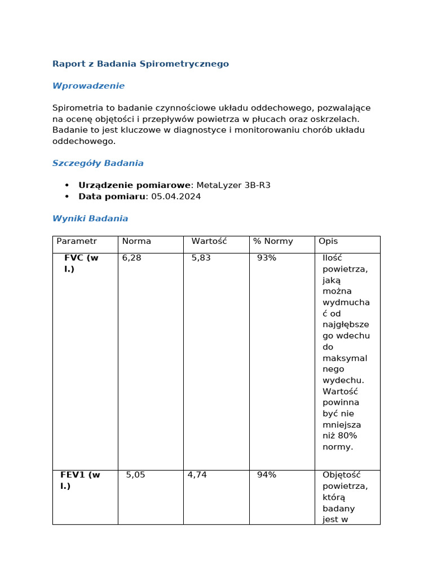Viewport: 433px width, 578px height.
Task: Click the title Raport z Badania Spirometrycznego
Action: (140, 64)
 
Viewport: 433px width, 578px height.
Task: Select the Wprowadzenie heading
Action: (89, 86)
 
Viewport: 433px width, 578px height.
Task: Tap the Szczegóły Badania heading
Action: (98, 163)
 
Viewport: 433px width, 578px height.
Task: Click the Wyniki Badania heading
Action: (90, 218)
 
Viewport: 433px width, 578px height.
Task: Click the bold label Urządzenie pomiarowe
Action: (135, 185)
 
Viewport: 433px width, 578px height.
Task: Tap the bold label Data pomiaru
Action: (112, 196)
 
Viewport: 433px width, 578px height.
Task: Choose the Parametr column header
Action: (77, 241)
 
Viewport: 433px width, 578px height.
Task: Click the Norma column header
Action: (136, 241)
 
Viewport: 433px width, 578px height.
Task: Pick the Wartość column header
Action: (209, 241)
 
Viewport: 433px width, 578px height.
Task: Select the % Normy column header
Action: (273, 241)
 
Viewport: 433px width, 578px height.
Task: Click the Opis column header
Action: (328, 241)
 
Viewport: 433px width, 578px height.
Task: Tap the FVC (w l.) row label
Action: (81, 264)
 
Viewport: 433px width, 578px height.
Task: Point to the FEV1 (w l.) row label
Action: (80, 480)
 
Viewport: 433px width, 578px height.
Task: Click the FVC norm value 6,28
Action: (132, 258)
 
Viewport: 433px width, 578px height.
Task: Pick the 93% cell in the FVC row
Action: (267, 258)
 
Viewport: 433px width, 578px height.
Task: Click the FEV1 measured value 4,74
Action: (197, 475)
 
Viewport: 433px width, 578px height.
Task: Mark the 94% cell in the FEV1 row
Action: (267, 475)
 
